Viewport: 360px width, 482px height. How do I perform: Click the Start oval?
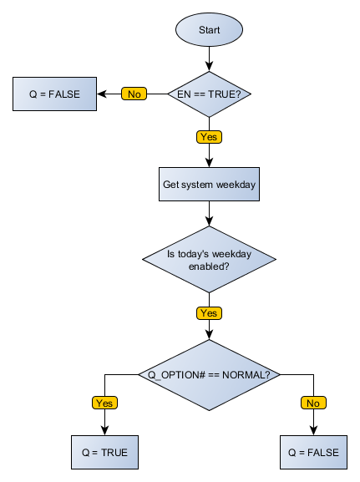click(x=209, y=30)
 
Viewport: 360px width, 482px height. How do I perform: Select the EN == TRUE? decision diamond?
click(x=209, y=94)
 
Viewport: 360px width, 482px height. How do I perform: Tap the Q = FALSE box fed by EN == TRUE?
click(x=54, y=94)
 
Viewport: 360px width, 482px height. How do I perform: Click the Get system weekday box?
click(x=209, y=185)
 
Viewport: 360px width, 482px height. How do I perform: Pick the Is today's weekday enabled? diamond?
click(x=209, y=260)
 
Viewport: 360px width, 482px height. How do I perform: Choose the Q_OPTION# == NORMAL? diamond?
click(x=209, y=374)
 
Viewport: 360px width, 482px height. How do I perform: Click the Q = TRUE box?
click(x=104, y=452)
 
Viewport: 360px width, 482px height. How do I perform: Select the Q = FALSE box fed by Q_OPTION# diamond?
click(x=313, y=452)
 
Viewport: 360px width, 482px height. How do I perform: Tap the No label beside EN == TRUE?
click(x=134, y=94)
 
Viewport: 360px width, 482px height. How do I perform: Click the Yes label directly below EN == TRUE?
click(x=209, y=136)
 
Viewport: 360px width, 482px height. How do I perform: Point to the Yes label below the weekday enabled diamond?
click(x=209, y=313)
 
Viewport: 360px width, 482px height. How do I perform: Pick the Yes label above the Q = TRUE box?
click(x=104, y=403)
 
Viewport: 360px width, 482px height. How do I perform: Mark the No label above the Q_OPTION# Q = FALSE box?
click(x=313, y=403)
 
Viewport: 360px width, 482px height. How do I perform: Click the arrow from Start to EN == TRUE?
click(x=209, y=58)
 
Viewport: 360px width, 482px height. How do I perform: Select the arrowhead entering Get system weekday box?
click(x=209, y=163)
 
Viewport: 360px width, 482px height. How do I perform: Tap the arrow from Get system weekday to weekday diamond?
click(x=209, y=214)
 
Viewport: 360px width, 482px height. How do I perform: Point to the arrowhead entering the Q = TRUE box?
click(x=104, y=432)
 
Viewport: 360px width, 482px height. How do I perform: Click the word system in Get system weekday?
click(x=203, y=185)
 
